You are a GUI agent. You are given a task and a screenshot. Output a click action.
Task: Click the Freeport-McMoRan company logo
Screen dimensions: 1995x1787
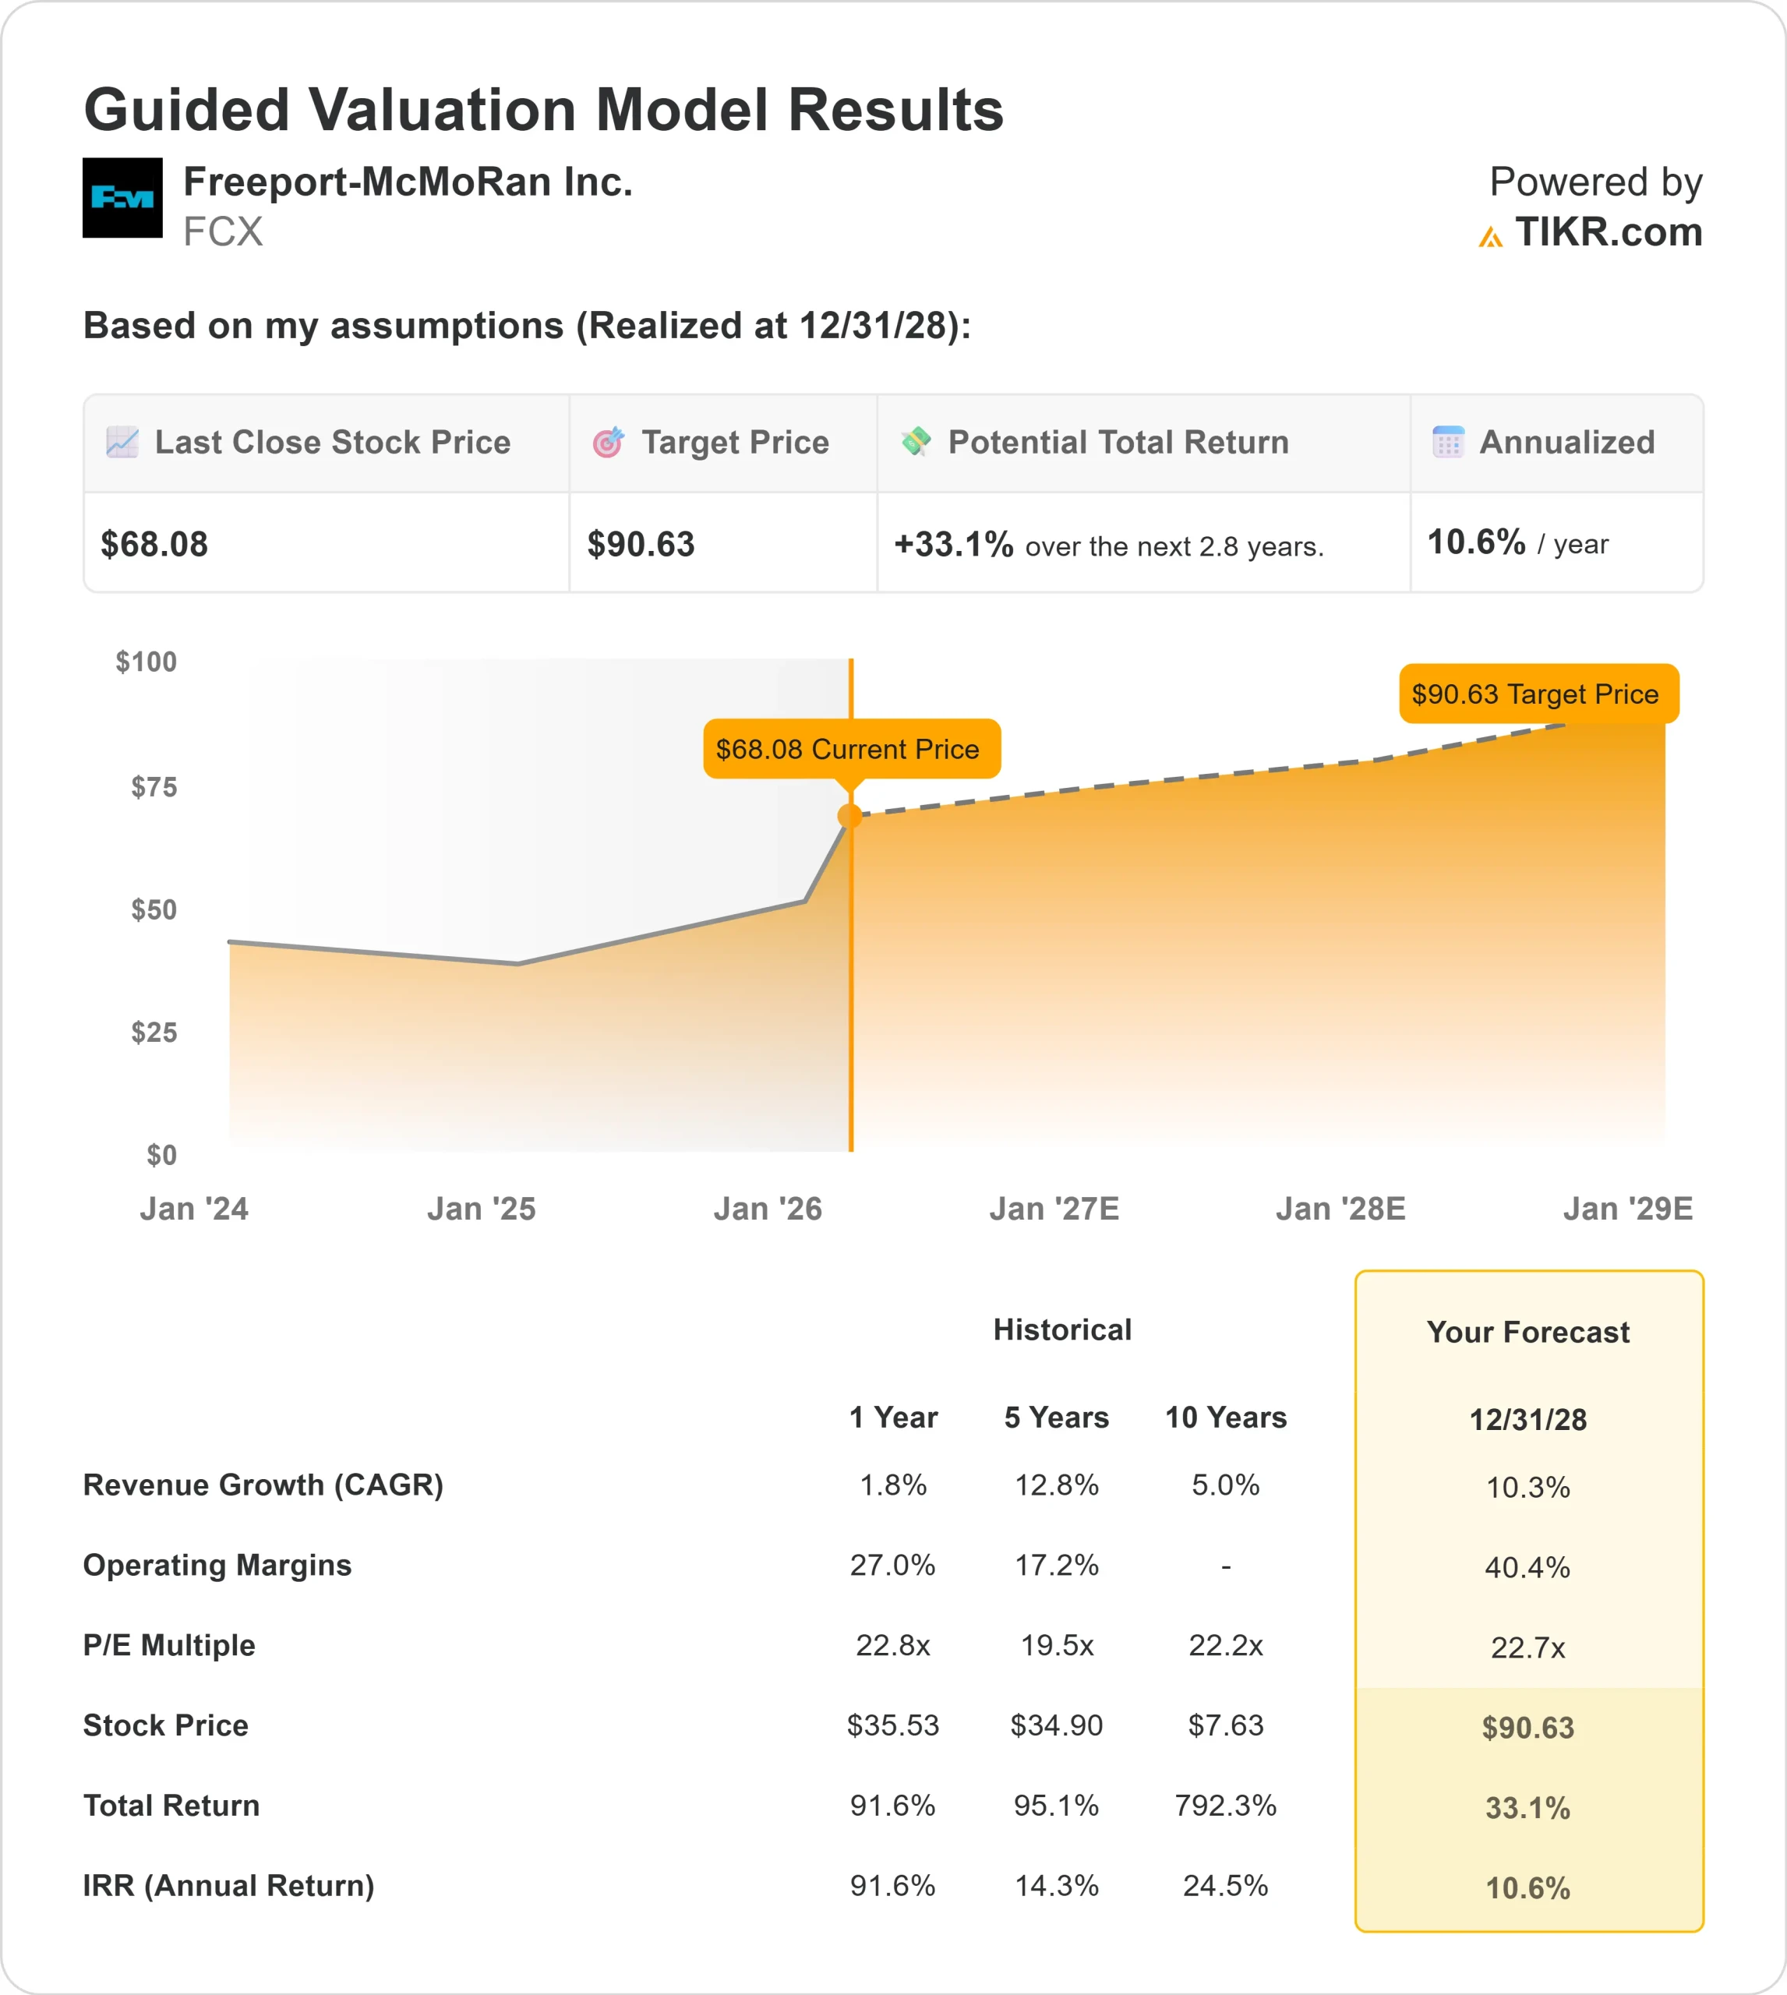(122, 197)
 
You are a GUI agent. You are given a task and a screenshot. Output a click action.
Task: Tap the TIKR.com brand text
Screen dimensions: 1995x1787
(1607, 233)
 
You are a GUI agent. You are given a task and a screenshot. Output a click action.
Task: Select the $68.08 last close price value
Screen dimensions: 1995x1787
(154, 544)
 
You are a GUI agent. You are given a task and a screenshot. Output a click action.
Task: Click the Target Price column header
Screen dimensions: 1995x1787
(734, 443)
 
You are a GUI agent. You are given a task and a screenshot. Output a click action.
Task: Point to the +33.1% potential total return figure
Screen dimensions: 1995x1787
(952, 544)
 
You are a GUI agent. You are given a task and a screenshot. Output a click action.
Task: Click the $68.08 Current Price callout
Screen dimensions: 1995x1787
(851, 749)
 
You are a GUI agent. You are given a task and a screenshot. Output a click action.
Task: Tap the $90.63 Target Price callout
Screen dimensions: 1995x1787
(1538, 694)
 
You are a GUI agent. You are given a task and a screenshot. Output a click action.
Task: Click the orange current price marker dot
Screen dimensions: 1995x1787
(850, 816)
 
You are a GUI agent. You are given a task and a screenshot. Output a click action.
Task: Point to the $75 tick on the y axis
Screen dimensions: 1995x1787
(154, 786)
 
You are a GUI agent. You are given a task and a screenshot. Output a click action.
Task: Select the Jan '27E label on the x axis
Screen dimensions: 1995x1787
(1054, 1209)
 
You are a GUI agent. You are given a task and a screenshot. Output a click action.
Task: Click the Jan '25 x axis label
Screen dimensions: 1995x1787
(481, 1209)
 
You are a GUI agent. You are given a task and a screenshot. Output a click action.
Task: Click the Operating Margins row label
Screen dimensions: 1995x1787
(217, 1565)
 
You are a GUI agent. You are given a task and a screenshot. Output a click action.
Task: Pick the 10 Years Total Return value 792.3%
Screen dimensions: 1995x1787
(1224, 1806)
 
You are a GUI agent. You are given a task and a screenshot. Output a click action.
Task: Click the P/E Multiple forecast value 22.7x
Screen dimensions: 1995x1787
(1527, 1647)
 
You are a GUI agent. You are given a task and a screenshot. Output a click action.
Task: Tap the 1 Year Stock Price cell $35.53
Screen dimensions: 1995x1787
(892, 1725)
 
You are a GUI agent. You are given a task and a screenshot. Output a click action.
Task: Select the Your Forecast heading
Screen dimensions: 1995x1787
(1527, 1333)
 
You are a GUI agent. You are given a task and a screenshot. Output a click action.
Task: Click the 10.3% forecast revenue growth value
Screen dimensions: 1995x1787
(1527, 1488)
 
